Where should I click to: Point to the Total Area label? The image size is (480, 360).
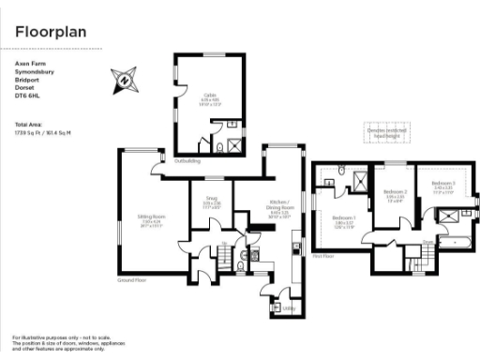pyautogui.click(x=27, y=124)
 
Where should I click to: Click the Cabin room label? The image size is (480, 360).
pyautogui.click(x=208, y=95)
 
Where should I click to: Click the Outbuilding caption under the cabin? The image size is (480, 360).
pyautogui.click(x=187, y=161)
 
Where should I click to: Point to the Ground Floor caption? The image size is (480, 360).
pyautogui.click(x=131, y=280)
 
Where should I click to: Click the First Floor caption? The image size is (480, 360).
pyautogui.click(x=323, y=255)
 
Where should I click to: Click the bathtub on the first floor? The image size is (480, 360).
pyautogui.click(x=459, y=241)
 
